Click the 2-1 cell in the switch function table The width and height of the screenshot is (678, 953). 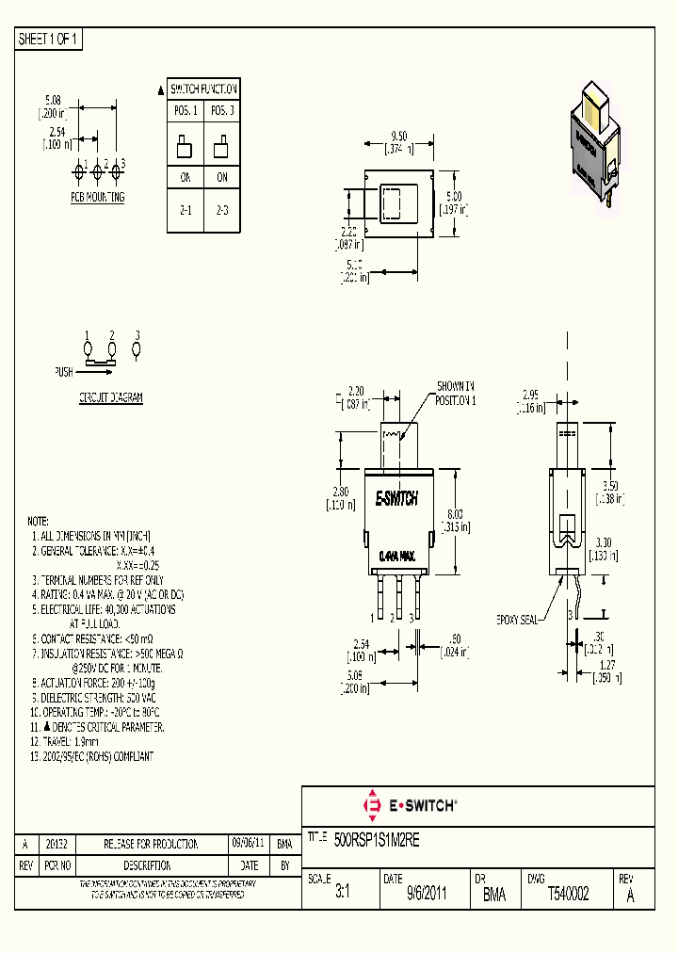pyautogui.click(x=185, y=211)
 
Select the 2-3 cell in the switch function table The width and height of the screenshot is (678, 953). pyautogui.click(x=222, y=211)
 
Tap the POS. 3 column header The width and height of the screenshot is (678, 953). pyautogui.click(x=222, y=111)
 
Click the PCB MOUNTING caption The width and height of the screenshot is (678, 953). pyautogui.click(x=97, y=198)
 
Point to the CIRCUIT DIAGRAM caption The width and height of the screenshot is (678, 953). pyautogui.click(x=110, y=398)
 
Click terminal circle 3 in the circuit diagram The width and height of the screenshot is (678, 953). pyautogui.click(x=137, y=349)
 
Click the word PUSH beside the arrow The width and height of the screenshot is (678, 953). pyautogui.click(x=63, y=372)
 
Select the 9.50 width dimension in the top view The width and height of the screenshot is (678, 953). pyautogui.click(x=397, y=136)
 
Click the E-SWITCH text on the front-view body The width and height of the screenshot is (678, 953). pyautogui.click(x=396, y=500)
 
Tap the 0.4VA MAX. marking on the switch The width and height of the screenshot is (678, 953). pyautogui.click(x=396, y=557)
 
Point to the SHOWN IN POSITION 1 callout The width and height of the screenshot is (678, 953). pyautogui.click(x=456, y=393)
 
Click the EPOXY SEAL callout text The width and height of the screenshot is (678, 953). pyautogui.click(x=517, y=621)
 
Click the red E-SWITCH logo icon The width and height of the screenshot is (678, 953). pyautogui.click(x=370, y=806)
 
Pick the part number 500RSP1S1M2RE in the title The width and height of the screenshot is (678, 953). pyautogui.click(x=377, y=838)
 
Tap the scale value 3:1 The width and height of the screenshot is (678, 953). pyautogui.click(x=342, y=896)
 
